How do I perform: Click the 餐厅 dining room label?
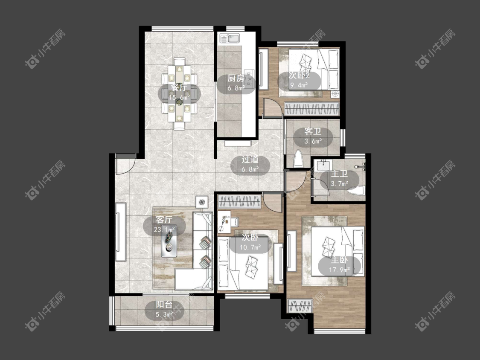pyautogui.click(x=179, y=87)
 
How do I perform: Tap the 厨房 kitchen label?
pyautogui.click(x=236, y=78)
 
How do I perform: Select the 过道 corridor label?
pyautogui.click(x=250, y=160)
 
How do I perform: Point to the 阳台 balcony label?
pyautogui.click(x=164, y=304)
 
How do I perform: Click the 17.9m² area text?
pyautogui.click(x=339, y=270)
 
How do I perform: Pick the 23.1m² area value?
pyautogui.click(x=164, y=229)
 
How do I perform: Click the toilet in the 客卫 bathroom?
pyautogui.click(x=299, y=158)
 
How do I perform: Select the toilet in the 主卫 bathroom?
pyautogui.click(x=356, y=191)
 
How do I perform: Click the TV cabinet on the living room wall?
pyautogui.click(x=121, y=232)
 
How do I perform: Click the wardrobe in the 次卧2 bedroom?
pyautogui.click(x=311, y=108)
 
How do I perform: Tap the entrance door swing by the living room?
pyautogui.click(x=125, y=164)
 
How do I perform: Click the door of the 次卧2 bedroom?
pyautogui.click(x=273, y=107)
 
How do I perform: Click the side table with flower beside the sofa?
pyautogui.click(x=202, y=202)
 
